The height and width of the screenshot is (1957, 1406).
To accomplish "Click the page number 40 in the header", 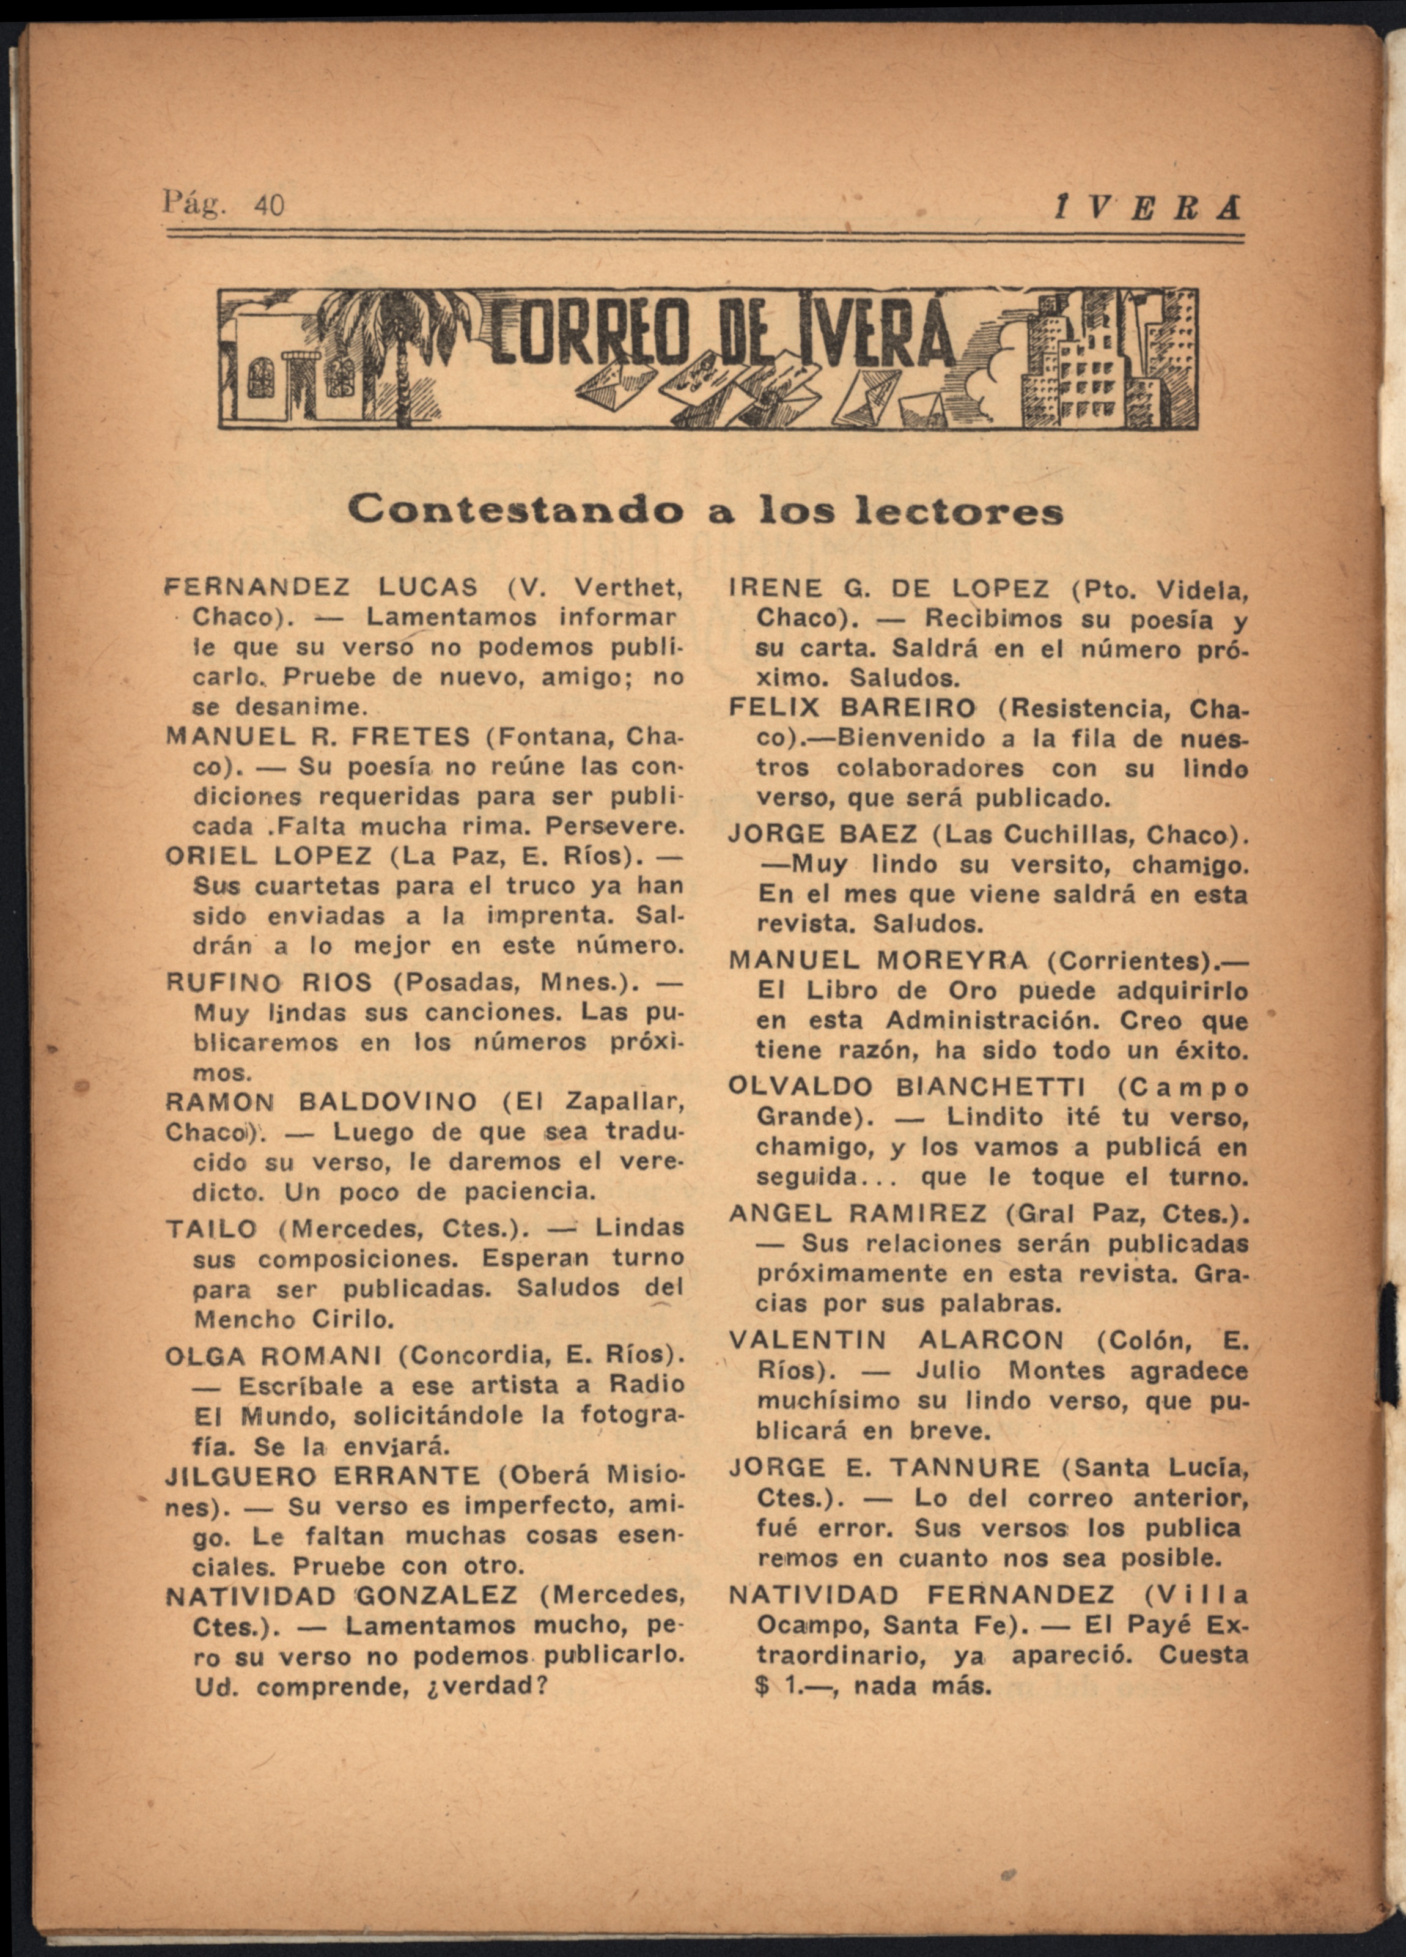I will pos(269,205).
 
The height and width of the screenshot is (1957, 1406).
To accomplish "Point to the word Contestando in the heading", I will pos(516,511).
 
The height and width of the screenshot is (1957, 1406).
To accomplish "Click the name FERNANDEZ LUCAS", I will pos(321,588).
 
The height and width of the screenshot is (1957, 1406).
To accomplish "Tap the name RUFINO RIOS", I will pos(268,982).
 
